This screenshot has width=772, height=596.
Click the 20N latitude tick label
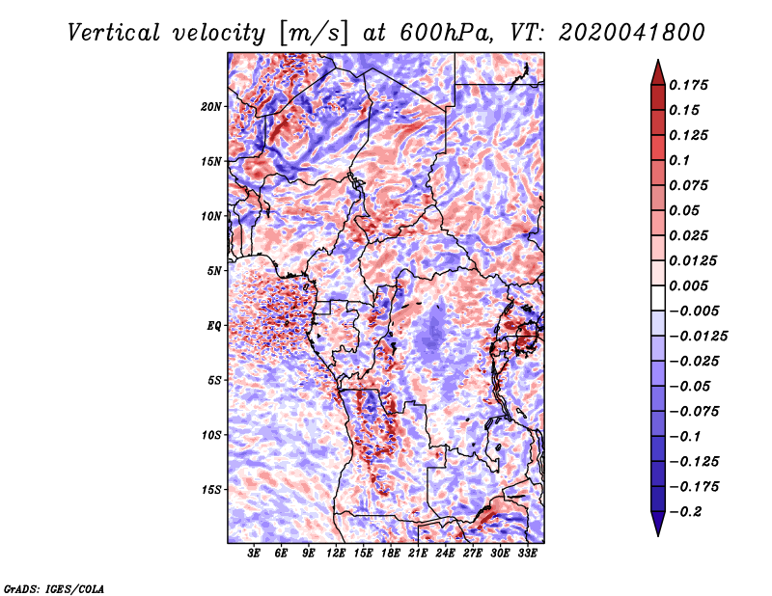click(x=211, y=107)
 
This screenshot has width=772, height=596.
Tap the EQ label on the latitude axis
click(x=214, y=326)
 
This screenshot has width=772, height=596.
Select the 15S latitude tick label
click(x=211, y=490)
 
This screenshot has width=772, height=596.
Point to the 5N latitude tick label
click(x=214, y=271)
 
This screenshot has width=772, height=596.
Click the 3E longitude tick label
click(x=254, y=554)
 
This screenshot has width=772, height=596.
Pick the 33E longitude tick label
click(x=527, y=554)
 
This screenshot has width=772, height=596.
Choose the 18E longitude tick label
click(x=391, y=554)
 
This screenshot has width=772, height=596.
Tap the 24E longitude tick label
click(x=445, y=554)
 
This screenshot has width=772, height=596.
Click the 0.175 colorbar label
click(x=688, y=85)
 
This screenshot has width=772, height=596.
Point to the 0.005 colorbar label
click(x=688, y=285)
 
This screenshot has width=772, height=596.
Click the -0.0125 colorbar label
click(x=698, y=337)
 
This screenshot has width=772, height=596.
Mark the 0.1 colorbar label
click(x=679, y=160)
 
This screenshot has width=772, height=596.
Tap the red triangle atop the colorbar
click(x=658, y=72)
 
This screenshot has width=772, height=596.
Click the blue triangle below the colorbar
click(x=658, y=524)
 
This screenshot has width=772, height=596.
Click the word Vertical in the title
click(x=114, y=33)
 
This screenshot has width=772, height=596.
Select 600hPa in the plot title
click(x=446, y=33)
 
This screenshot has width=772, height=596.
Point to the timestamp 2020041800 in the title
click(x=632, y=33)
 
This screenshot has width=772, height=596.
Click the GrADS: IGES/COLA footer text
click(x=54, y=588)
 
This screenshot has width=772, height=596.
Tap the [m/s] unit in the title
click(x=314, y=34)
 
